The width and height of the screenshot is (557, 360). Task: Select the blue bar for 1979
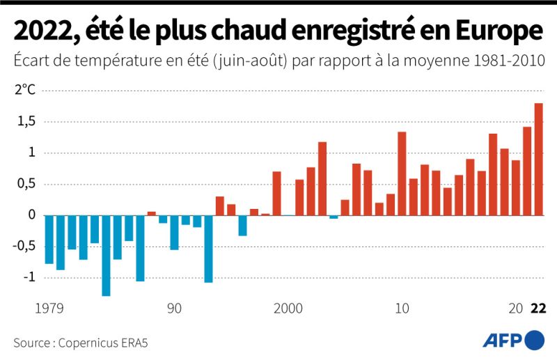click(x=49, y=240)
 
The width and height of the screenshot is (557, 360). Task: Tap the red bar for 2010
click(x=402, y=173)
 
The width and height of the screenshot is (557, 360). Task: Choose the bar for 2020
click(x=516, y=187)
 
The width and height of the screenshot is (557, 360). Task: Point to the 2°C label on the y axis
click(x=25, y=90)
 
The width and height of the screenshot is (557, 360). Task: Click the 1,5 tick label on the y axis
click(x=26, y=122)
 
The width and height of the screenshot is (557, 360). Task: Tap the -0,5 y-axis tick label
click(x=24, y=246)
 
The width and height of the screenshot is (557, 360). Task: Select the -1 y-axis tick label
click(x=28, y=277)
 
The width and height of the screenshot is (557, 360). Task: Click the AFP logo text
click(x=502, y=341)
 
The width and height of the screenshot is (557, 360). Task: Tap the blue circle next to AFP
click(x=533, y=341)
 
